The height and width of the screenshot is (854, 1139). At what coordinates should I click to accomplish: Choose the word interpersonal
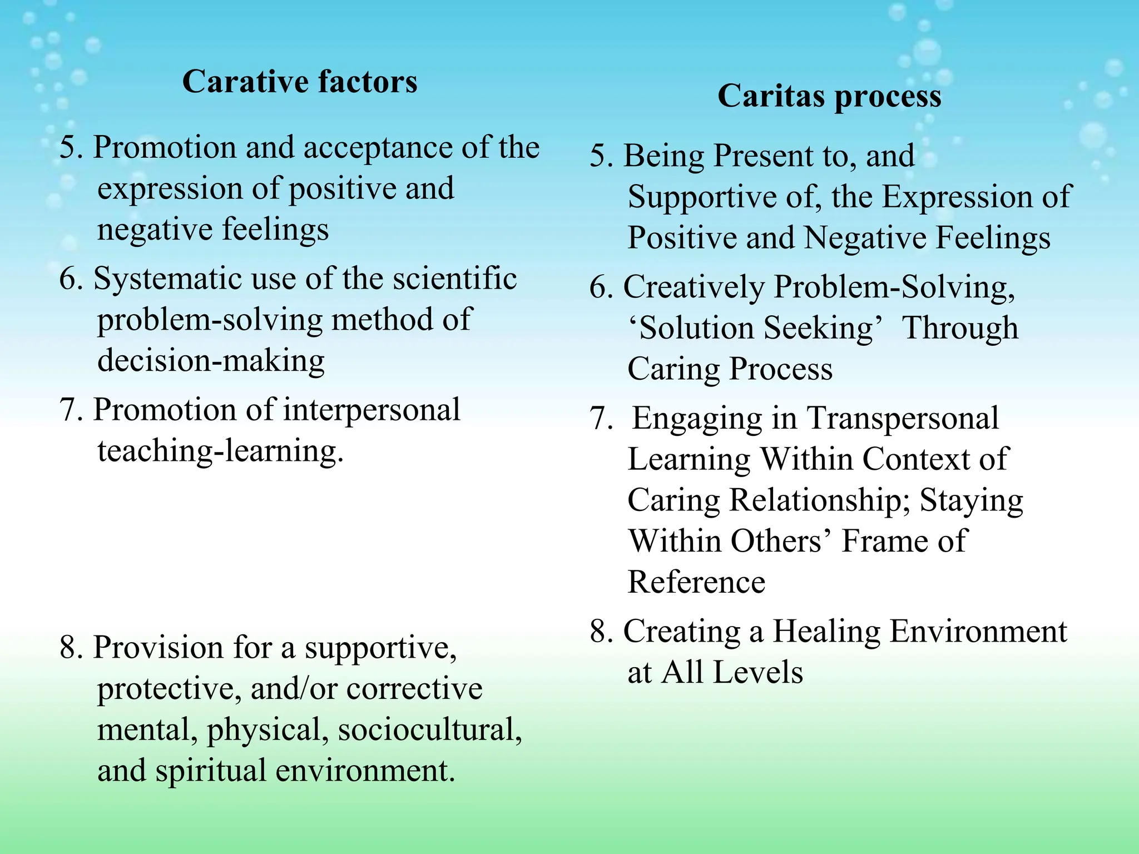point(371,410)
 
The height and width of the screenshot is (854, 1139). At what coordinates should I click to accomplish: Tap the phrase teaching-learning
point(220,451)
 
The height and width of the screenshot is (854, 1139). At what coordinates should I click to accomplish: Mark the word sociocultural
point(430,729)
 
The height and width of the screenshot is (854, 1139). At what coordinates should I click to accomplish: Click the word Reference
point(696,582)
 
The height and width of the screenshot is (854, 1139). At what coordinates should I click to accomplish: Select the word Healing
point(826,632)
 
